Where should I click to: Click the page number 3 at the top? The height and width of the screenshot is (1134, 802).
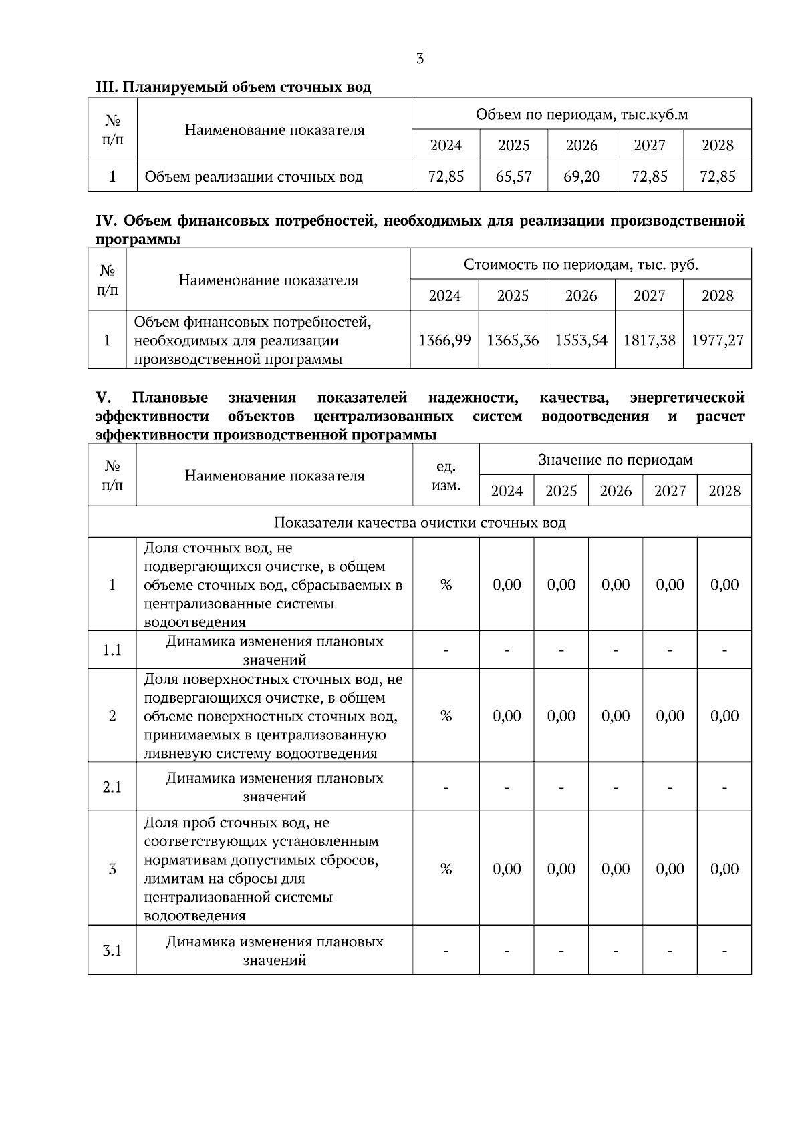419,59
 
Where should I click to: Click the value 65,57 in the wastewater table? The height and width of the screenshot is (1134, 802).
513,176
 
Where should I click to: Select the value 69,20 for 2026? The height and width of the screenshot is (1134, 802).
581,176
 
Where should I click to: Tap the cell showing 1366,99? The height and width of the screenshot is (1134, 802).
444,340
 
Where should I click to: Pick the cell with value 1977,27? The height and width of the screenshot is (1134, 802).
717,340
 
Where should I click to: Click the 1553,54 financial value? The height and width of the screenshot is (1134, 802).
581,340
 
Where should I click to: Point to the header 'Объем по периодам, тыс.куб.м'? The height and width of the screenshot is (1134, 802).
581,114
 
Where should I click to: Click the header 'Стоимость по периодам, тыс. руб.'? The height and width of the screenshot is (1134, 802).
581,264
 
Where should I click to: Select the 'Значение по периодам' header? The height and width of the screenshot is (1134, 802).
615,459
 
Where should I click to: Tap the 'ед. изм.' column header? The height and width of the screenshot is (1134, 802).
446,476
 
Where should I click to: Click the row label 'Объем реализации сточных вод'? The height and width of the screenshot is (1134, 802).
253,177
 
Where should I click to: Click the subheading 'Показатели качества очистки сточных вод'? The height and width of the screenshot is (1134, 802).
420,522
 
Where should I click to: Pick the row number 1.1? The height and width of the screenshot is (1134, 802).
112,650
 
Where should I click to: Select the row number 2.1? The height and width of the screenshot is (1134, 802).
112,787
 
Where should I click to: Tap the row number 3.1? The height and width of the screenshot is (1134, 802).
112,950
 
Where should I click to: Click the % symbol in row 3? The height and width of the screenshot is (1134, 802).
446,869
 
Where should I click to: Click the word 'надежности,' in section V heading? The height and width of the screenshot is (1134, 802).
473,398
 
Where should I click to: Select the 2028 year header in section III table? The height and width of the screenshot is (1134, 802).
717,145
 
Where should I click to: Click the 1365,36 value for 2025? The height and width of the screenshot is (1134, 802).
513,340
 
